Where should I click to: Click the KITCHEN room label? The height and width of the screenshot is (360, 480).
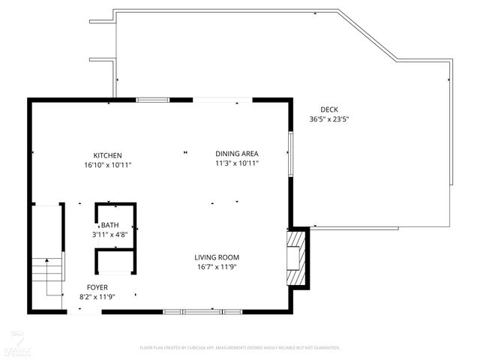108,155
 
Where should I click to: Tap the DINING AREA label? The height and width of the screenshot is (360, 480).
237,153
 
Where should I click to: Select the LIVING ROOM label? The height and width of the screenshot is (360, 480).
217,257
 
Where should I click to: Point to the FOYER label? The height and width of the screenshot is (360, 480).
97,287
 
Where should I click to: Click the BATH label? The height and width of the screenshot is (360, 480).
110,225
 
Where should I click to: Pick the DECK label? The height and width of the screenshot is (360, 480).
329,109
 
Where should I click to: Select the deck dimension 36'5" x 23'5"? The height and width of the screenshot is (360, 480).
329,119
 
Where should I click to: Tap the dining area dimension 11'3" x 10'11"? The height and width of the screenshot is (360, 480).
237,163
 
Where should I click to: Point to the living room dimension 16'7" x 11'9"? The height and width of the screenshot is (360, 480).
217,267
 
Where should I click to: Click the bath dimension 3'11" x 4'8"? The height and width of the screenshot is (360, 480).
110,234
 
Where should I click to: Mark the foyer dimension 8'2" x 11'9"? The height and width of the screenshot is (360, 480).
97,297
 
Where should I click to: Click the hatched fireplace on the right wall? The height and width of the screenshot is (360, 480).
298,257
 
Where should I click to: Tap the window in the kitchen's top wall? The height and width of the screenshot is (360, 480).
152,99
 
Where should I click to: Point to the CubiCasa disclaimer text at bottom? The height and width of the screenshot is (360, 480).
240,348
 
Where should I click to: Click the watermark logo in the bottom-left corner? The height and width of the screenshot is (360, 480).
13,344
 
